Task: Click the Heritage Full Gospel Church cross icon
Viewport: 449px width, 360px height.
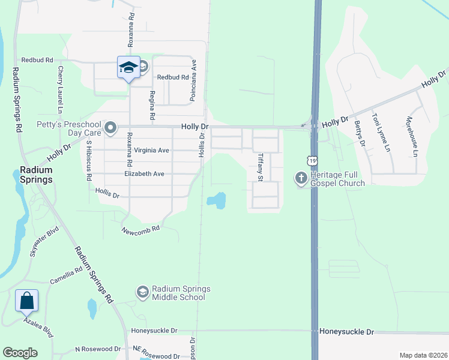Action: (301, 178)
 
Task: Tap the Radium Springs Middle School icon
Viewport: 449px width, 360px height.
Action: (142, 292)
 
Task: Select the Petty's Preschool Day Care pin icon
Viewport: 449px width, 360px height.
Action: (110, 128)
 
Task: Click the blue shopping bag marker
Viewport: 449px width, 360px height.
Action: (27, 301)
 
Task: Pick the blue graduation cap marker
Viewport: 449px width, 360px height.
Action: (128, 67)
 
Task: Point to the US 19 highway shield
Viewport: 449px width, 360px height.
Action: (310, 160)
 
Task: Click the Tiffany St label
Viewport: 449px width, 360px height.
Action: (261, 167)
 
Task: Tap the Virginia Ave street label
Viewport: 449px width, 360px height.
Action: (152, 150)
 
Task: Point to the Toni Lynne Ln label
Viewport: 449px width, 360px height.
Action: (381, 132)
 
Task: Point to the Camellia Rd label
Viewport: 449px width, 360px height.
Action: (66, 276)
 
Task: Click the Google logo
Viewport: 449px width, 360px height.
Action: (20, 353)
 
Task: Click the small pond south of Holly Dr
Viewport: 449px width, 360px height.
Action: (217, 200)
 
